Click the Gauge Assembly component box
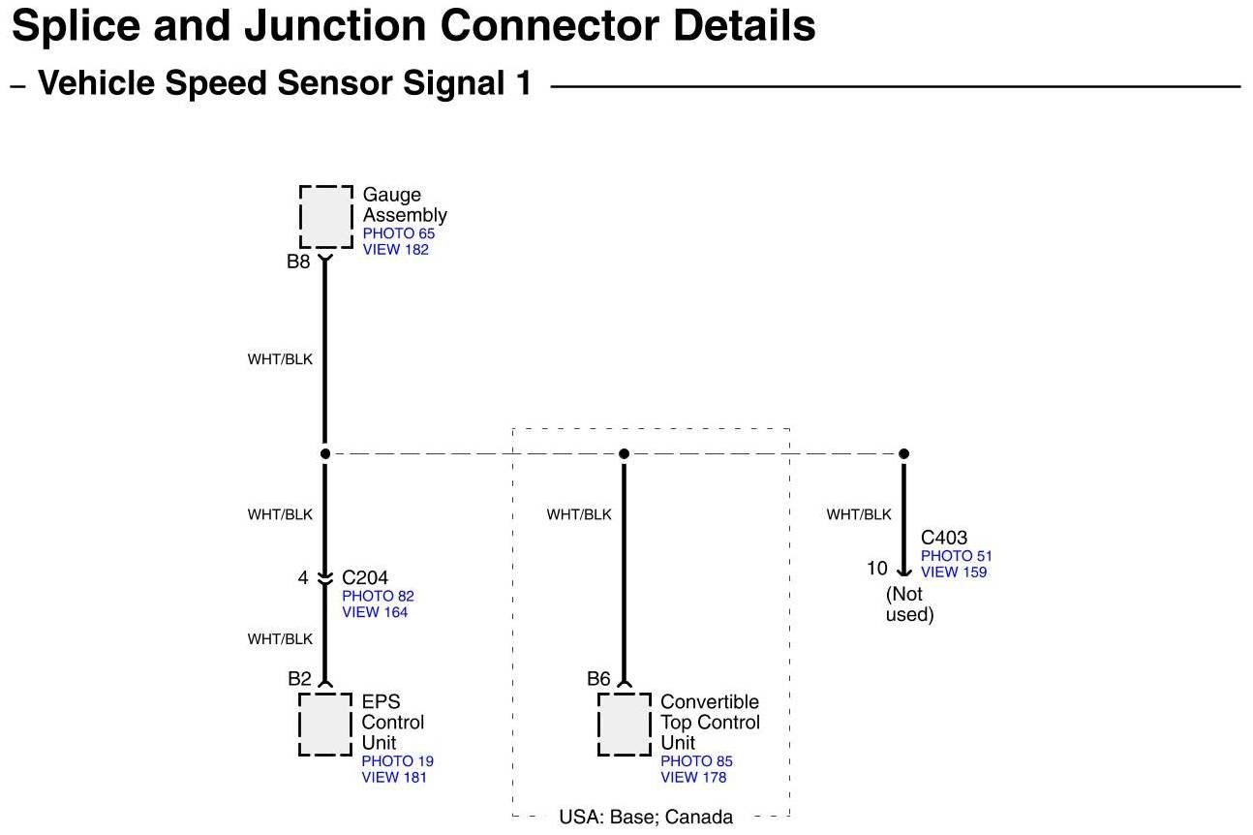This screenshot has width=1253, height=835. click(325, 216)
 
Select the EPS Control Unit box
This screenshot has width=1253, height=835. click(325, 724)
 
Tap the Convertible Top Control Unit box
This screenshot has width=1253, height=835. click(624, 724)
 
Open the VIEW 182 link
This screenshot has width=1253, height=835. click(395, 249)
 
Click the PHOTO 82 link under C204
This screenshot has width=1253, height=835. click(378, 596)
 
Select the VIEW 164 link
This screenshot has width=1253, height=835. click(375, 612)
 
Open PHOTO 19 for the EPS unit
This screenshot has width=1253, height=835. click(397, 761)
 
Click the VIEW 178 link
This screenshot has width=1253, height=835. click(693, 777)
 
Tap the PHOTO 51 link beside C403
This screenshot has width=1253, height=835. click(956, 556)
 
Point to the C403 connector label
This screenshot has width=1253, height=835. click(943, 538)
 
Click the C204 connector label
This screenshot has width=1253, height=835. click(365, 578)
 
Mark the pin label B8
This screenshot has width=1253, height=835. click(298, 261)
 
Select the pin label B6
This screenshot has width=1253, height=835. click(598, 679)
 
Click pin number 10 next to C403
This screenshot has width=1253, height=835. click(876, 569)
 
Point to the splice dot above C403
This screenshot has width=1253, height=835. click(903, 453)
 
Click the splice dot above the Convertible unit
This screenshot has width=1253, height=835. click(624, 453)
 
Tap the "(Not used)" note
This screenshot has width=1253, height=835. click(909, 604)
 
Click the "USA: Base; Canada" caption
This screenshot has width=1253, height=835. click(646, 817)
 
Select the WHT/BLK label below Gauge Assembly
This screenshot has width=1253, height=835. click(280, 359)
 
